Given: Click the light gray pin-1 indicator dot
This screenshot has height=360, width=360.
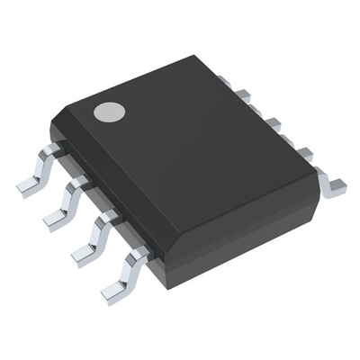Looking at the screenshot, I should (x=110, y=112).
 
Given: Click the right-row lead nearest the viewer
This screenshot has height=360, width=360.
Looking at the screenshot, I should (x=331, y=183).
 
